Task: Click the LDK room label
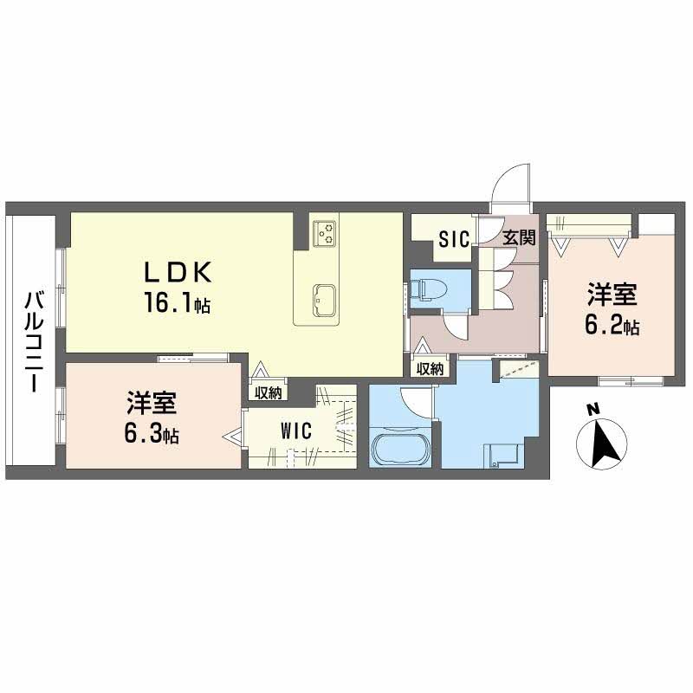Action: point(178,272)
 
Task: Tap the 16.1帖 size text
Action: point(177,304)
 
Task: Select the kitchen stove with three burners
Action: point(325,233)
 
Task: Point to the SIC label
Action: point(454,239)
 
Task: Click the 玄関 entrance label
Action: point(519,237)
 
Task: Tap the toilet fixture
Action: point(428,290)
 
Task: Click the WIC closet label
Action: point(295,431)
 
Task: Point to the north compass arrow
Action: point(601,444)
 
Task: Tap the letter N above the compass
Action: point(593,410)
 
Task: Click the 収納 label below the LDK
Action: point(269,393)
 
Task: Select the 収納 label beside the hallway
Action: point(430,369)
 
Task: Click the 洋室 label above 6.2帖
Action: point(612,295)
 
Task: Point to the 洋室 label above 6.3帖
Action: point(152,403)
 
